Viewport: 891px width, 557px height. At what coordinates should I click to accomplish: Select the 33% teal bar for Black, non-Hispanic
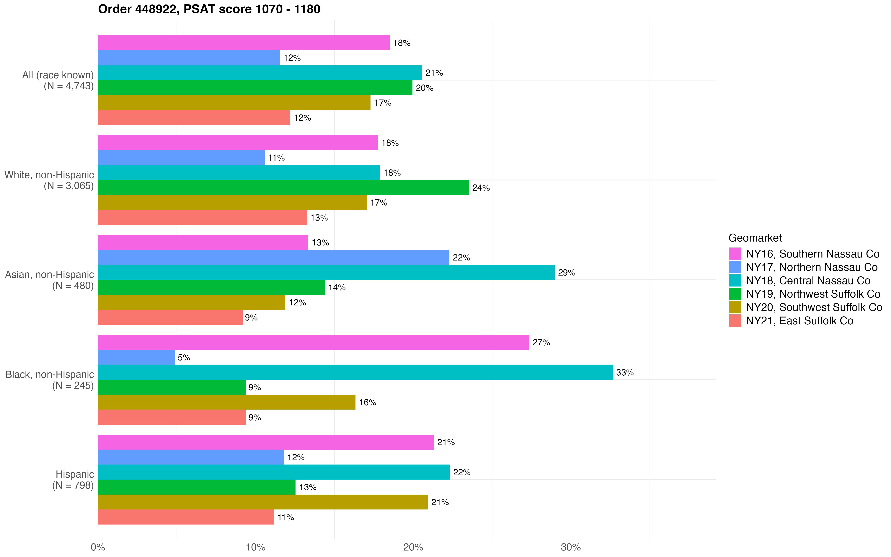(355, 372)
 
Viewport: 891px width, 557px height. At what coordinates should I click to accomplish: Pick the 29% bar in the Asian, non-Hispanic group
(326, 272)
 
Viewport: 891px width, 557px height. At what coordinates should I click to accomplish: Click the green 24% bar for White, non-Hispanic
(283, 188)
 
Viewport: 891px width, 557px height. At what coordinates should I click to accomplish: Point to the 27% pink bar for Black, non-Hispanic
(313, 342)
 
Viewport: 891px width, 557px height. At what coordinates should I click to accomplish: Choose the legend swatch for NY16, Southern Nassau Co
(735, 254)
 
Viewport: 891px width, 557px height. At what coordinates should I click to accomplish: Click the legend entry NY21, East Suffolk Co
(799, 321)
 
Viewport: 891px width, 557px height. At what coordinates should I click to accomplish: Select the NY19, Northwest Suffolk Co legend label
(813, 294)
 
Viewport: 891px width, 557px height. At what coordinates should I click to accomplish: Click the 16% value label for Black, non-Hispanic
(368, 402)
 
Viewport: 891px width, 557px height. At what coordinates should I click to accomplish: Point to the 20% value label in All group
(425, 88)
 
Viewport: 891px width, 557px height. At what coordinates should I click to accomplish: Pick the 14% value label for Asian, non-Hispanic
(337, 287)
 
